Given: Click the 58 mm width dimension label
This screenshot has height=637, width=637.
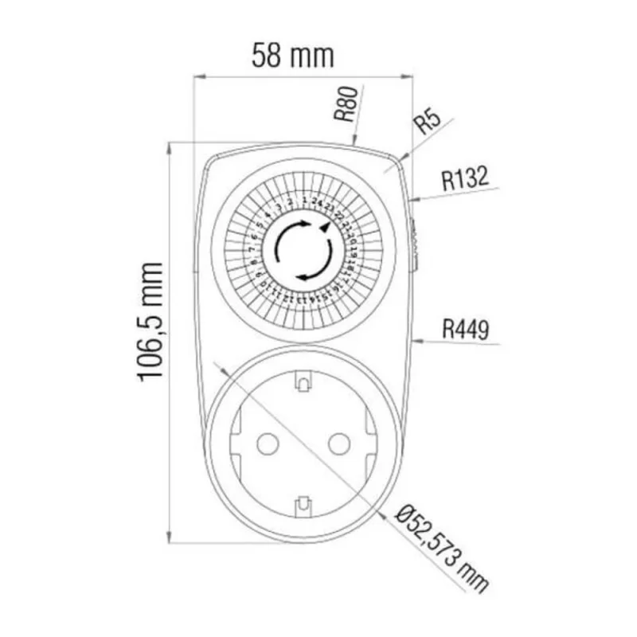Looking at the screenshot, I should (x=293, y=55).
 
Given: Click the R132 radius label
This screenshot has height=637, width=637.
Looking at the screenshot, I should (x=465, y=179).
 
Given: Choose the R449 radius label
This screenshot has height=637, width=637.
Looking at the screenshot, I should (x=466, y=328).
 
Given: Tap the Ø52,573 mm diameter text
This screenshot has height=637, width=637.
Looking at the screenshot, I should (x=442, y=550).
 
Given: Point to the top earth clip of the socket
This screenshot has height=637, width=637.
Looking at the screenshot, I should (x=302, y=383).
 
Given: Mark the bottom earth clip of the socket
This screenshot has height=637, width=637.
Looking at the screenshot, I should (x=302, y=503).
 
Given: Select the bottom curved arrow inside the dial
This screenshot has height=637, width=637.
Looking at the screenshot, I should (x=309, y=276).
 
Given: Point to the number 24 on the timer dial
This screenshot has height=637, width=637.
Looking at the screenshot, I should (x=316, y=201).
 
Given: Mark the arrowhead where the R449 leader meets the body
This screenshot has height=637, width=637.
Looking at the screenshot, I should (x=416, y=342).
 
